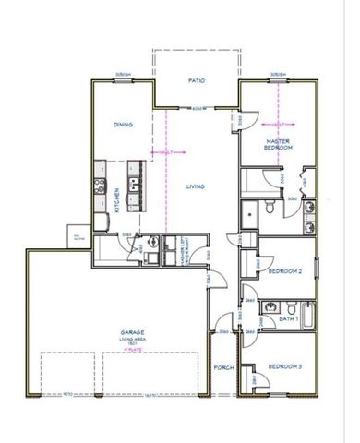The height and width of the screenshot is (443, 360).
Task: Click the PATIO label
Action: coord(196,81)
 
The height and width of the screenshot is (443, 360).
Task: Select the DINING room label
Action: coord(123,125)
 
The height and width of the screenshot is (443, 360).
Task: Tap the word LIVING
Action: coord(196,186)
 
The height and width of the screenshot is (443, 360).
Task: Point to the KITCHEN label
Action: coord(117,187)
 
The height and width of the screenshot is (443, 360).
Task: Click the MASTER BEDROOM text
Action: coord(279,144)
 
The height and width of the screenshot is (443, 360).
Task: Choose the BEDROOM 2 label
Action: coord(285,271)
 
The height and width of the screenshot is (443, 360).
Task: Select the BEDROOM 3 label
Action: coord(285,368)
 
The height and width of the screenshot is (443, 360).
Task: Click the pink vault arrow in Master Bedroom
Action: coord(278,124)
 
